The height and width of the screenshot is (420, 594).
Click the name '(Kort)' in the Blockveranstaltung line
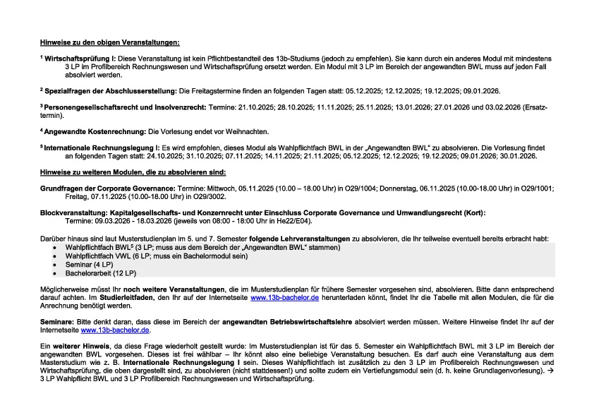[x=474, y=212]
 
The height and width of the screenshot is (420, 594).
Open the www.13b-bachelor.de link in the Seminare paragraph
[x=116, y=330]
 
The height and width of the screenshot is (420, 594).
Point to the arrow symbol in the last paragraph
[x=550, y=371]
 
